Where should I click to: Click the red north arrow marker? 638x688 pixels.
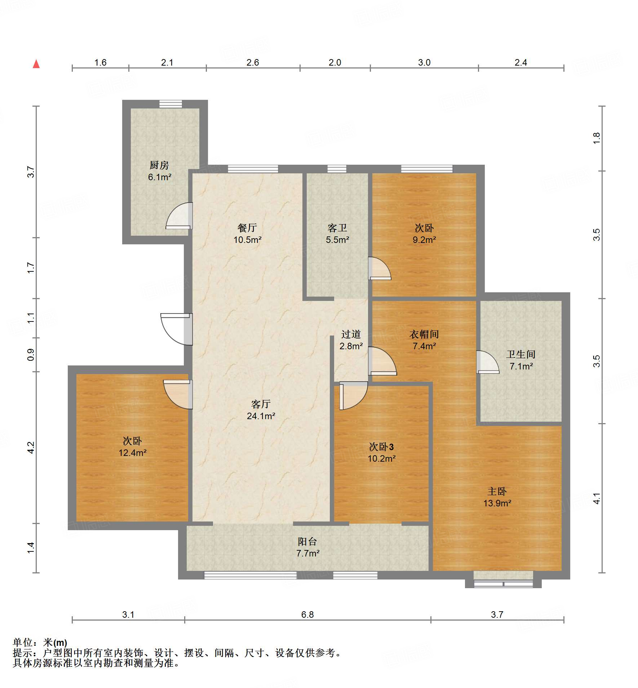[36, 64]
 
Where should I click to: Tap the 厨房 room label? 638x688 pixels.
[159, 165]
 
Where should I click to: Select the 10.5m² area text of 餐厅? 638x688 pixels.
[247, 240]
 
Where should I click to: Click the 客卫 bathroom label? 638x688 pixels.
[337, 228]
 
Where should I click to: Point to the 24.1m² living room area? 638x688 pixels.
[261, 416]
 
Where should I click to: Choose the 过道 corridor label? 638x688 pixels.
[351, 334]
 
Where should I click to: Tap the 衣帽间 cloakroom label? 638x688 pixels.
[424, 334]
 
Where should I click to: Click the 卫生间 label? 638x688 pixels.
[521, 354]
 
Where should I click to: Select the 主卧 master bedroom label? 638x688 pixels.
[497, 491]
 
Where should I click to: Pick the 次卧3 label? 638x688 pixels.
[381, 447]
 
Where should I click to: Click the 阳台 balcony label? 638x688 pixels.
[307, 541]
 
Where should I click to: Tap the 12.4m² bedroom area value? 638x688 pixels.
[133, 453]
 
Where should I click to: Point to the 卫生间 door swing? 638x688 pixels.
[488, 362]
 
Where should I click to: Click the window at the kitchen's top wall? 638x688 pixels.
[171, 104]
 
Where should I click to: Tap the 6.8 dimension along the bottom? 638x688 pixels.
[307, 614]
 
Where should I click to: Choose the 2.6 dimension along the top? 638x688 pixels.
[253, 62]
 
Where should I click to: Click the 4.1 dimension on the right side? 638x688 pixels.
[597, 498]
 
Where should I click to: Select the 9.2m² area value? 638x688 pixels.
[424, 240]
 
